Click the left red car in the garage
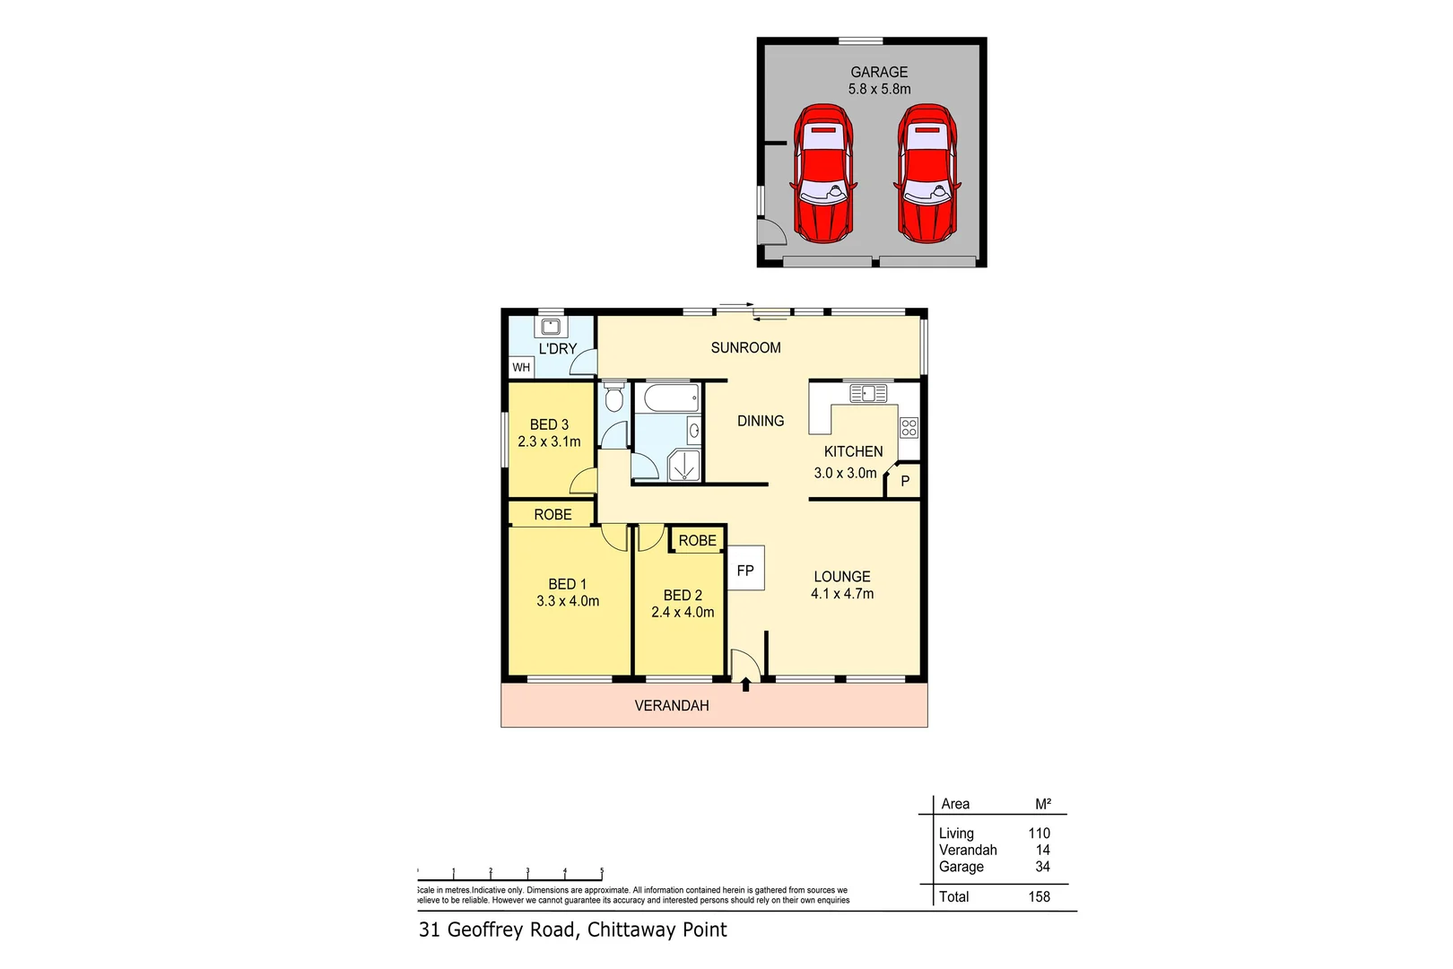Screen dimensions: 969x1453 coord(822,173)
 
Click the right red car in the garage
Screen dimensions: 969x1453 coord(927,173)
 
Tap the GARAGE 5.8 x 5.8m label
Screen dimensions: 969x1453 coord(879,81)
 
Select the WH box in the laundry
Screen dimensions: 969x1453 coord(521,367)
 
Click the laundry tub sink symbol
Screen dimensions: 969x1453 coord(551,327)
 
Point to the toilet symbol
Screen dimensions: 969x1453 coord(614,396)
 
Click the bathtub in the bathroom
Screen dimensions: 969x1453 coord(670,397)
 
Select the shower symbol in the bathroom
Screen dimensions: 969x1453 coord(684,465)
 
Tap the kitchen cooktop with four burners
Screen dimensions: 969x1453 coord(909,427)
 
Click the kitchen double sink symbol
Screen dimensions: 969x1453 coord(868,393)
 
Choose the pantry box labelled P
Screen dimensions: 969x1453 coord(904,481)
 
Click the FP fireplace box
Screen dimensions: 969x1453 coord(745,569)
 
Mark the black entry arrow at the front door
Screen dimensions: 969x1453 coord(746,685)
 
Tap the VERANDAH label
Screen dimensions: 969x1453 coord(672,705)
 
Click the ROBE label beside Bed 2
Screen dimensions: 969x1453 coord(697,540)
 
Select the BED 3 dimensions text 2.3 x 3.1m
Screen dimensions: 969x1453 coord(549,441)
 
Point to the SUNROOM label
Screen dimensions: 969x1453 coord(745,347)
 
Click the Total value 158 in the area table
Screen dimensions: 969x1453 coord(1039,896)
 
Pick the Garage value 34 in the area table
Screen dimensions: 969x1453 coord(1042,867)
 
